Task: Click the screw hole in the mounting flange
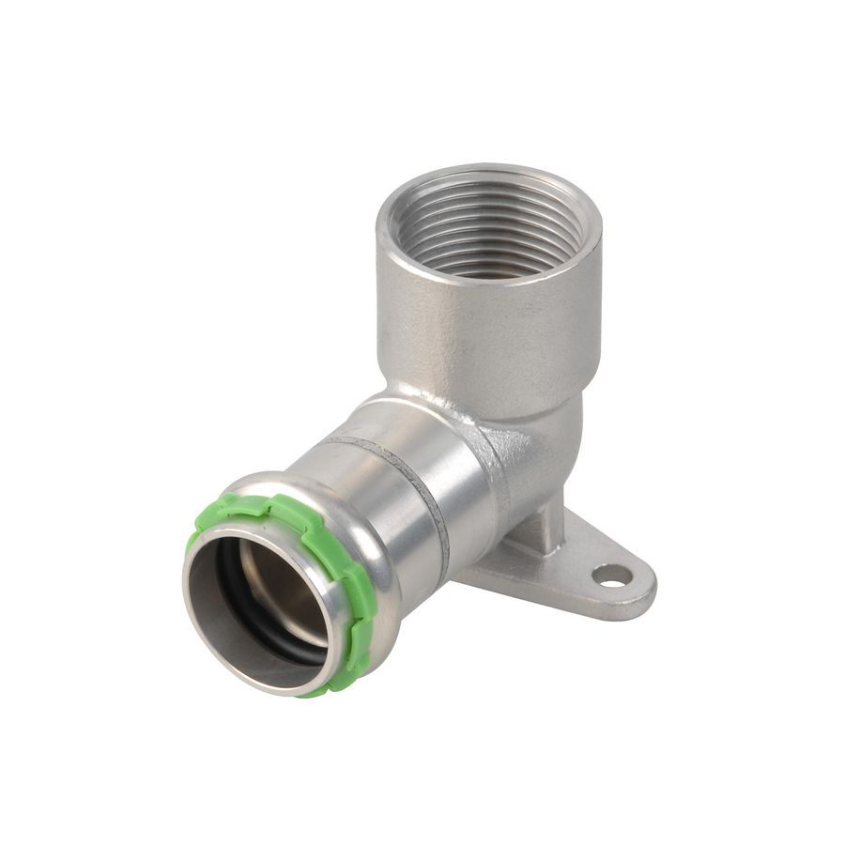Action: pyautogui.click(x=612, y=575)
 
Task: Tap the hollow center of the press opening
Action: pyautogui.click(x=263, y=601)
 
